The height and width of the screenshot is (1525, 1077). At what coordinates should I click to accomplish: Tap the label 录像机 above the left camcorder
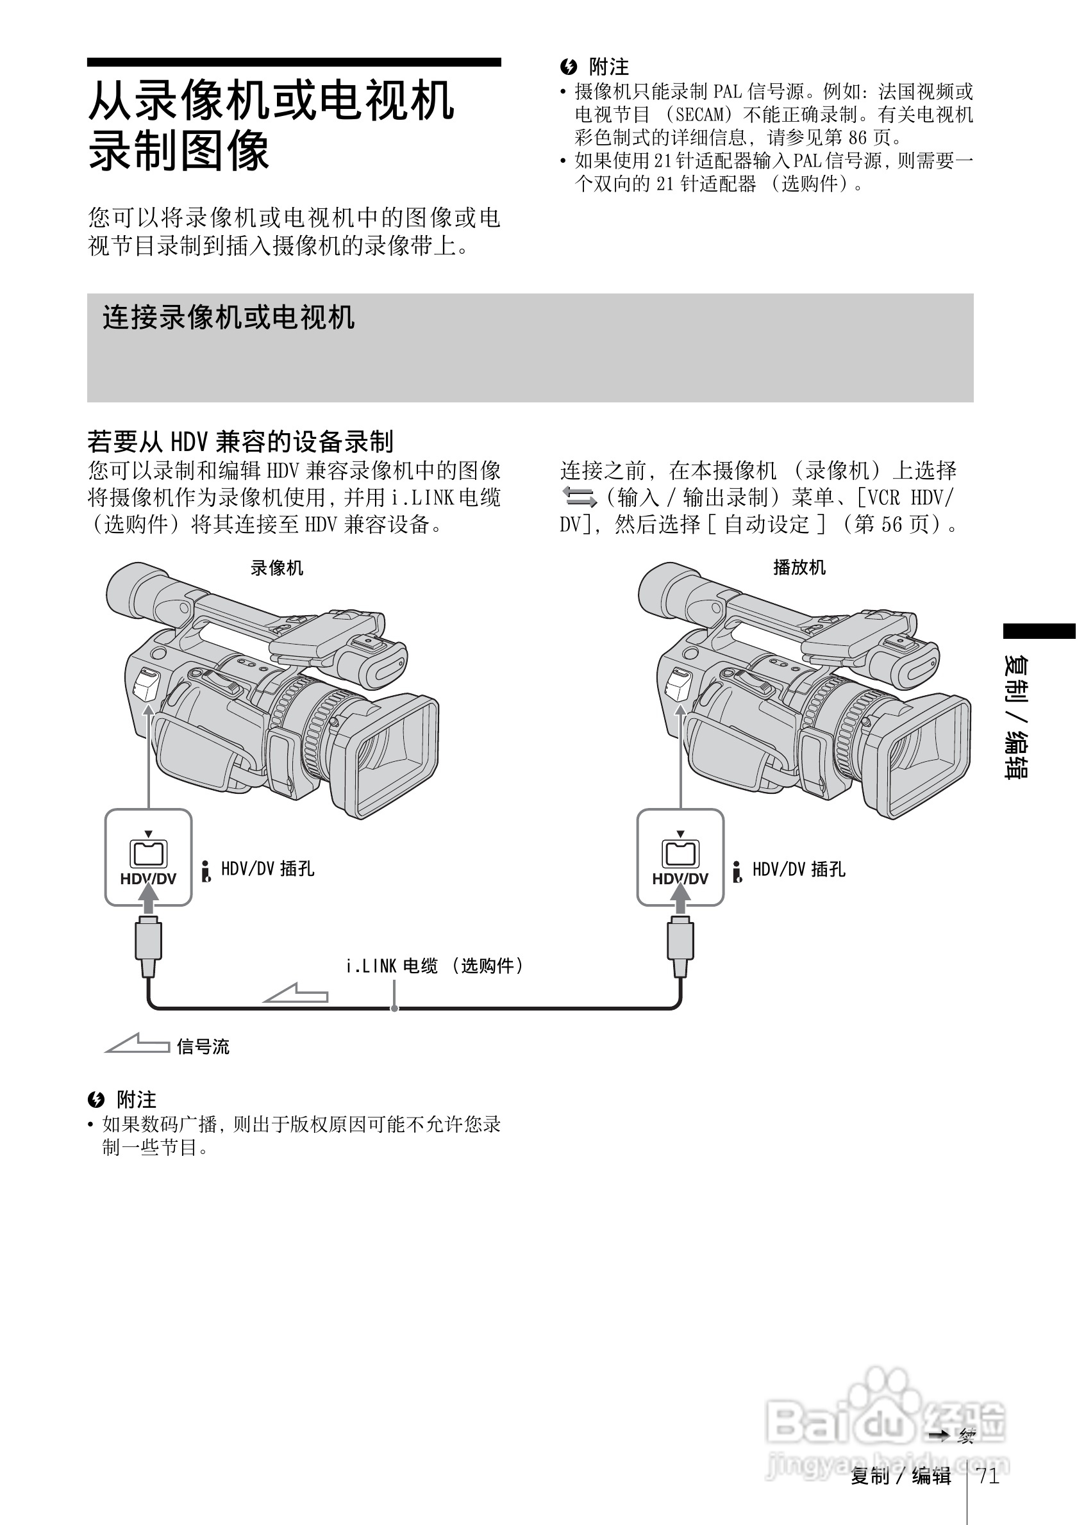pos(276,568)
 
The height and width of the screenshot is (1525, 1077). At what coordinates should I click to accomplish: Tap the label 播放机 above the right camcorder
pos(799,567)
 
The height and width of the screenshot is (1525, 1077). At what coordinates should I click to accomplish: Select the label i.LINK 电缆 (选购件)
pos(435,966)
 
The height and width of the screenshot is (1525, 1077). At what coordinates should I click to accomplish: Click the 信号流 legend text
pos(203,1048)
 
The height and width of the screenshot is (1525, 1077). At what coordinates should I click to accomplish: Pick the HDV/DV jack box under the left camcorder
pos(148,857)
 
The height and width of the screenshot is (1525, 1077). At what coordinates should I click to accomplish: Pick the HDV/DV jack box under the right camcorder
pos(680,857)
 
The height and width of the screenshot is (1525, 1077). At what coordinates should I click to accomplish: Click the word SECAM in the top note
pos(699,115)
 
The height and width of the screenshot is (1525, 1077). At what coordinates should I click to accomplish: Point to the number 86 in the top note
pos(858,138)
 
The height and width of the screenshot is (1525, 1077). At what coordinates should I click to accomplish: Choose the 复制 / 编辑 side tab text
pos(1017,718)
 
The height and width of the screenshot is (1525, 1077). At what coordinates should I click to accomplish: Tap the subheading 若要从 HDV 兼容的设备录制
pos(240,441)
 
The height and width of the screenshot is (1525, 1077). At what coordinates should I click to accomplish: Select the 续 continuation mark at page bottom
pos(966,1437)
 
